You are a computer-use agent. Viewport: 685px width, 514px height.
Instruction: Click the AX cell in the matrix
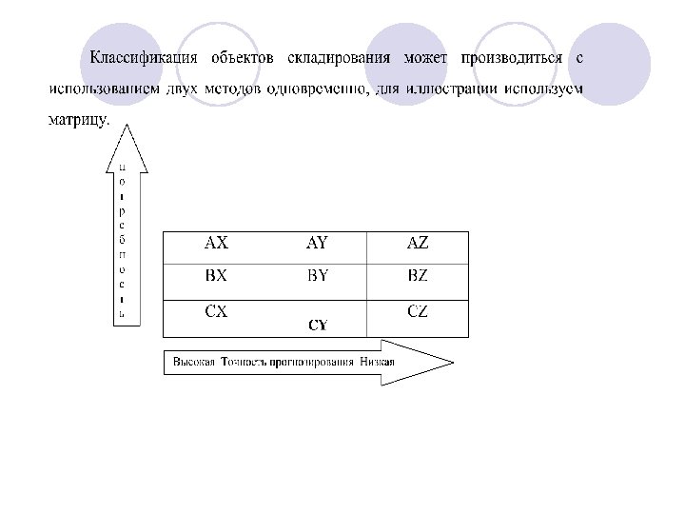tap(217, 244)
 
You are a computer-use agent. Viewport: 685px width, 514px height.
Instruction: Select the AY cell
tap(317, 244)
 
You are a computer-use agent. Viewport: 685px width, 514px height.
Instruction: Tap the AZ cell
tap(418, 244)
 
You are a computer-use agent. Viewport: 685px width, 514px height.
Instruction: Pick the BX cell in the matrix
tap(217, 277)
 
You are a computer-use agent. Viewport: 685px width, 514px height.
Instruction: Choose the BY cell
tap(318, 277)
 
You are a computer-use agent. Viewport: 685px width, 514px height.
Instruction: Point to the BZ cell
tap(418, 277)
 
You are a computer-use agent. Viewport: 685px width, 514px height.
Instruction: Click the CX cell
tap(217, 311)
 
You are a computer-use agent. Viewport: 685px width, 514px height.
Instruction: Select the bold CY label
tap(318, 325)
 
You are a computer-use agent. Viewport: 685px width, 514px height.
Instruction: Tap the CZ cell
tap(418, 311)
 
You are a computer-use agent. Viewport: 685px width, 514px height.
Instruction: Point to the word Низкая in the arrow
tap(378, 363)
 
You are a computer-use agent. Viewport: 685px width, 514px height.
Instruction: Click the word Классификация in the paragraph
tap(144, 58)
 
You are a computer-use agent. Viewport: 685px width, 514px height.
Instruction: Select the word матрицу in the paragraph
tap(78, 121)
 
